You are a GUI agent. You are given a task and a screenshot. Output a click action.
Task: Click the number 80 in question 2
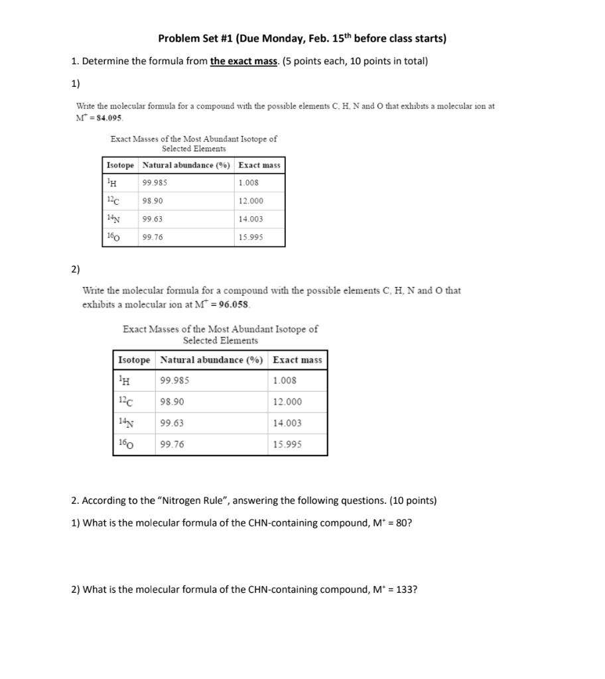(x=401, y=523)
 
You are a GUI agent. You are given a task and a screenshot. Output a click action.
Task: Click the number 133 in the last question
(x=405, y=589)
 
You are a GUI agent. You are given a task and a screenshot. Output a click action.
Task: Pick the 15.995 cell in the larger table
(x=287, y=444)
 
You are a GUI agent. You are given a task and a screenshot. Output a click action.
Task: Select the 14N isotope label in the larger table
(x=124, y=423)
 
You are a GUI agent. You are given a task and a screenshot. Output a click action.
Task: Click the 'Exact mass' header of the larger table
(x=297, y=360)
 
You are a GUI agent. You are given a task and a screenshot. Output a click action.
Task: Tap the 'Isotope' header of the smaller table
(x=120, y=164)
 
